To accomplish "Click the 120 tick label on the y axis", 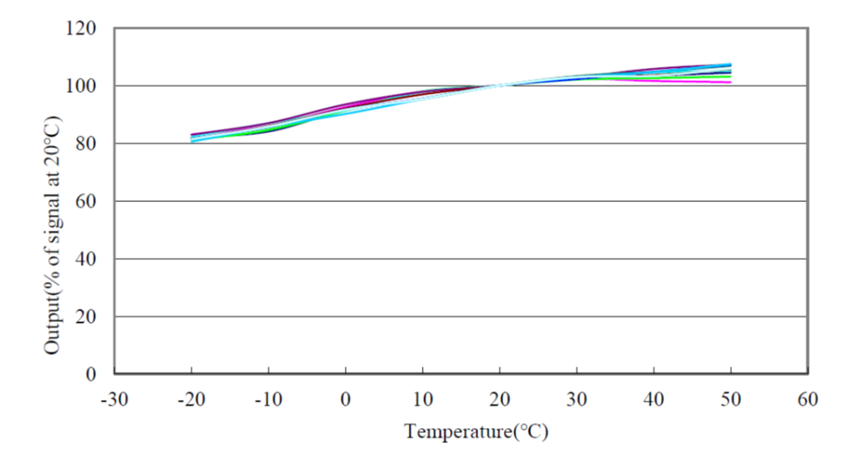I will click(x=83, y=29).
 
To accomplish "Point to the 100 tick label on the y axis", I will click(x=83, y=86).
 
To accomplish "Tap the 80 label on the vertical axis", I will click(x=87, y=144).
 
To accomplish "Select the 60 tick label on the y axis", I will click(x=87, y=201).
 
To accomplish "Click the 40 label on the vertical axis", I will click(x=87, y=259).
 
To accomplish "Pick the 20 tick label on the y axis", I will click(x=87, y=317).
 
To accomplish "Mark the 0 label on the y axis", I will click(x=92, y=374).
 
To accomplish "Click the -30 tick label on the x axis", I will click(x=114, y=400).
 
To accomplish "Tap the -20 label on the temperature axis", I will click(x=191, y=400).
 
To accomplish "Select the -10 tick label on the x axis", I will click(x=268, y=400).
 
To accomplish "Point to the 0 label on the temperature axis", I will click(x=346, y=400).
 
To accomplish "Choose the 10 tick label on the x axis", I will click(x=423, y=400).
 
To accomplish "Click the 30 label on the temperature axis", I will click(x=577, y=400).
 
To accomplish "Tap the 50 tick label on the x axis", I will click(x=731, y=400).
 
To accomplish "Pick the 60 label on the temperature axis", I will click(x=808, y=400).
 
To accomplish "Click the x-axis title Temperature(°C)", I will click(x=476, y=431).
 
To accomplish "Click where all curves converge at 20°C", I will click(x=500, y=85).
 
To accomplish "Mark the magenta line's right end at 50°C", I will click(x=730, y=82).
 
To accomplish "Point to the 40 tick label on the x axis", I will click(x=653, y=400).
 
